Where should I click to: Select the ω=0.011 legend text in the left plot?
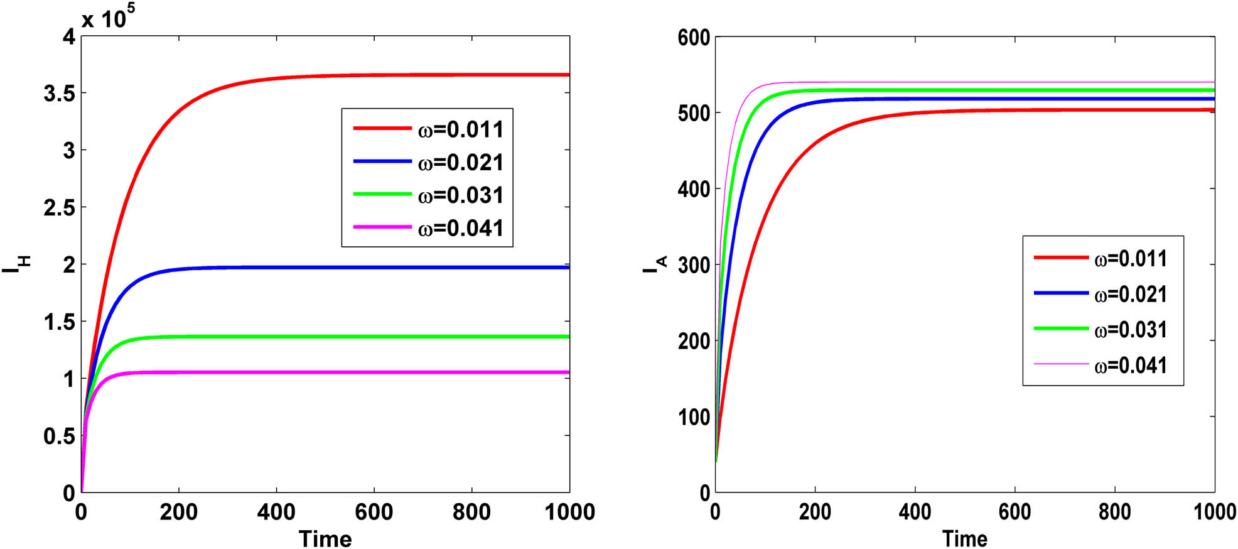coord(460,129)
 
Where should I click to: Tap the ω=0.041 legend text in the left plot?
coord(460,227)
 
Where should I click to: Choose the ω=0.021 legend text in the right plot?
coord(1130,294)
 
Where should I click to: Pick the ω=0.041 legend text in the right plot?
coord(1130,365)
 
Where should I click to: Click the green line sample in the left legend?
coord(382,194)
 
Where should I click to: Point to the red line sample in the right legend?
coord(1061,258)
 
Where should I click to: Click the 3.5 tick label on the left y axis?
coord(59,94)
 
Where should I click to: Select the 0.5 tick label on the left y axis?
coord(59,436)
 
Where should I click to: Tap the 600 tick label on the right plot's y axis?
coord(694,38)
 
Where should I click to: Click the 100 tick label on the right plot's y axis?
coord(694,417)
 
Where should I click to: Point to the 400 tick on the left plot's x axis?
coord(276,512)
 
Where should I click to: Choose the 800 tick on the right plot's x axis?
coord(1114,512)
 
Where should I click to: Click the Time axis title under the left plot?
coord(325,538)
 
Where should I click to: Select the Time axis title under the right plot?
coord(964,538)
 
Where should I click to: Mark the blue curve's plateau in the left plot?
coord(377,268)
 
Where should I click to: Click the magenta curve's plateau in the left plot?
coord(377,372)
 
